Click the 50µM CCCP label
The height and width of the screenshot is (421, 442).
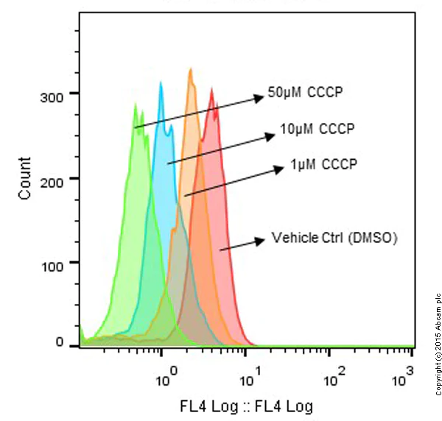pos(306,93)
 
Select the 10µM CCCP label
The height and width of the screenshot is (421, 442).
pos(318,130)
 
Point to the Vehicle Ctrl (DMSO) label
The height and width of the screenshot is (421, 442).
pos(334,238)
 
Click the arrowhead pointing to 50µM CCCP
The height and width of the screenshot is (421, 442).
pos(257,96)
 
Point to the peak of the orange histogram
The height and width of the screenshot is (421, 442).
pos(191,69)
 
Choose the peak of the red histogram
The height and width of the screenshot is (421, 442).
pos(212,89)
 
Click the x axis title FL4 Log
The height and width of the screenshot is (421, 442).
pos(246,406)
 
